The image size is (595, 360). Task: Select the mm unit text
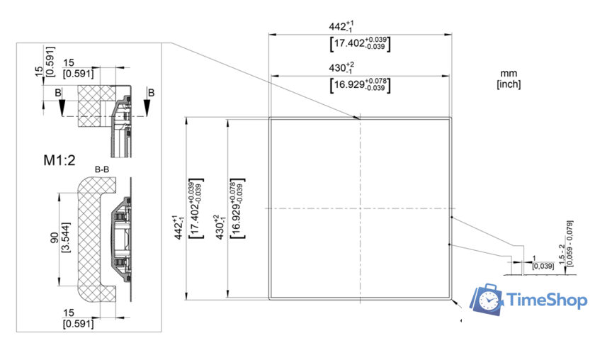(x=509, y=74)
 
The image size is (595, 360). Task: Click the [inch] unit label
(x=509, y=84)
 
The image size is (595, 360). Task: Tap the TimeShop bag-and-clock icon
(x=489, y=300)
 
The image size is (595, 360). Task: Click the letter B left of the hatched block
(x=57, y=92)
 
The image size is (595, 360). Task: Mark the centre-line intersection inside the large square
(x=360, y=208)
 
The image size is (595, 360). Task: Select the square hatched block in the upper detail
(x=94, y=105)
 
